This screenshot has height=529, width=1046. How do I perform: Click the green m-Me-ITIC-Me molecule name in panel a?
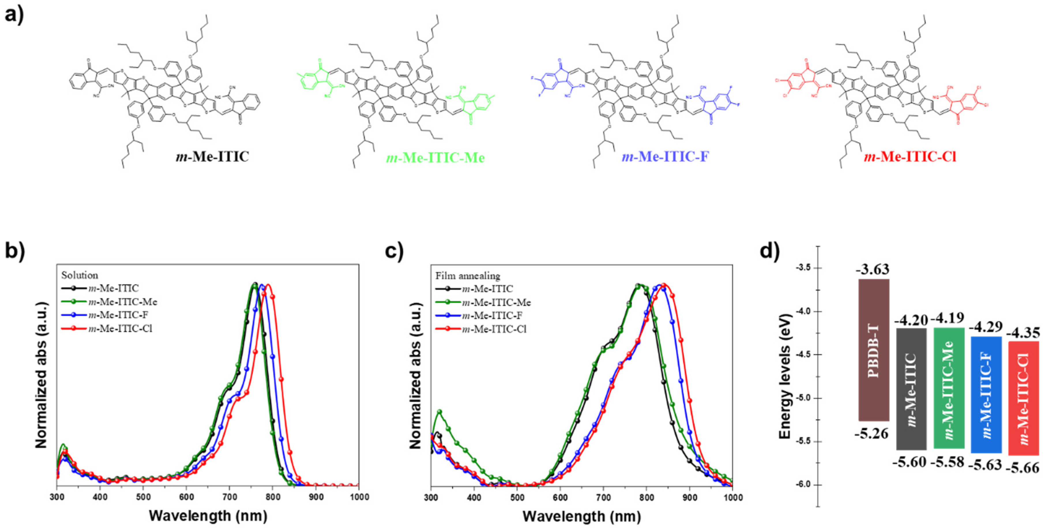click(435, 157)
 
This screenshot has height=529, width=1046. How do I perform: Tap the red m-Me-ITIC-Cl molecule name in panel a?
click(910, 157)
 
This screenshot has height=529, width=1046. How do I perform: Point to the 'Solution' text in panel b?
click(80, 275)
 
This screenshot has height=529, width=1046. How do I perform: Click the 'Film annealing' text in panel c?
click(468, 276)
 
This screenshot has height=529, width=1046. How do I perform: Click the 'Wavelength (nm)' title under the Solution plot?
click(208, 516)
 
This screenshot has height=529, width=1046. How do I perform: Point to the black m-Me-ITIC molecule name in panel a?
click(212, 157)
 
